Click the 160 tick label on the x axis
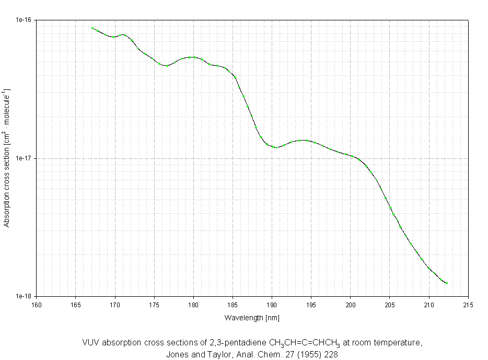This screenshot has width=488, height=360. (x=36, y=305)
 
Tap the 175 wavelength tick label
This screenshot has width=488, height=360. (x=154, y=305)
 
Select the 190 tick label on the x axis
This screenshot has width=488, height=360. (x=272, y=305)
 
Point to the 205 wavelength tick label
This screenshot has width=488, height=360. (x=389, y=305)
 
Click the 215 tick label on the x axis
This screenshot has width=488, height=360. (x=468, y=305)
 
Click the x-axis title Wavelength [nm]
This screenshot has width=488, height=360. (x=252, y=318)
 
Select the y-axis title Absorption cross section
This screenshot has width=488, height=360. (x=7, y=158)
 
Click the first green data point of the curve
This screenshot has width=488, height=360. (x=92, y=28)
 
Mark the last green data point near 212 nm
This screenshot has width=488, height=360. (x=447, y=283)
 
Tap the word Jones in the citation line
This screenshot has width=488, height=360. (x=176, y=354)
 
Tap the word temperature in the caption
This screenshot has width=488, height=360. (x=400, y=343)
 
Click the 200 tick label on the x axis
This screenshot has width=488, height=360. (x=350, y=305)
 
